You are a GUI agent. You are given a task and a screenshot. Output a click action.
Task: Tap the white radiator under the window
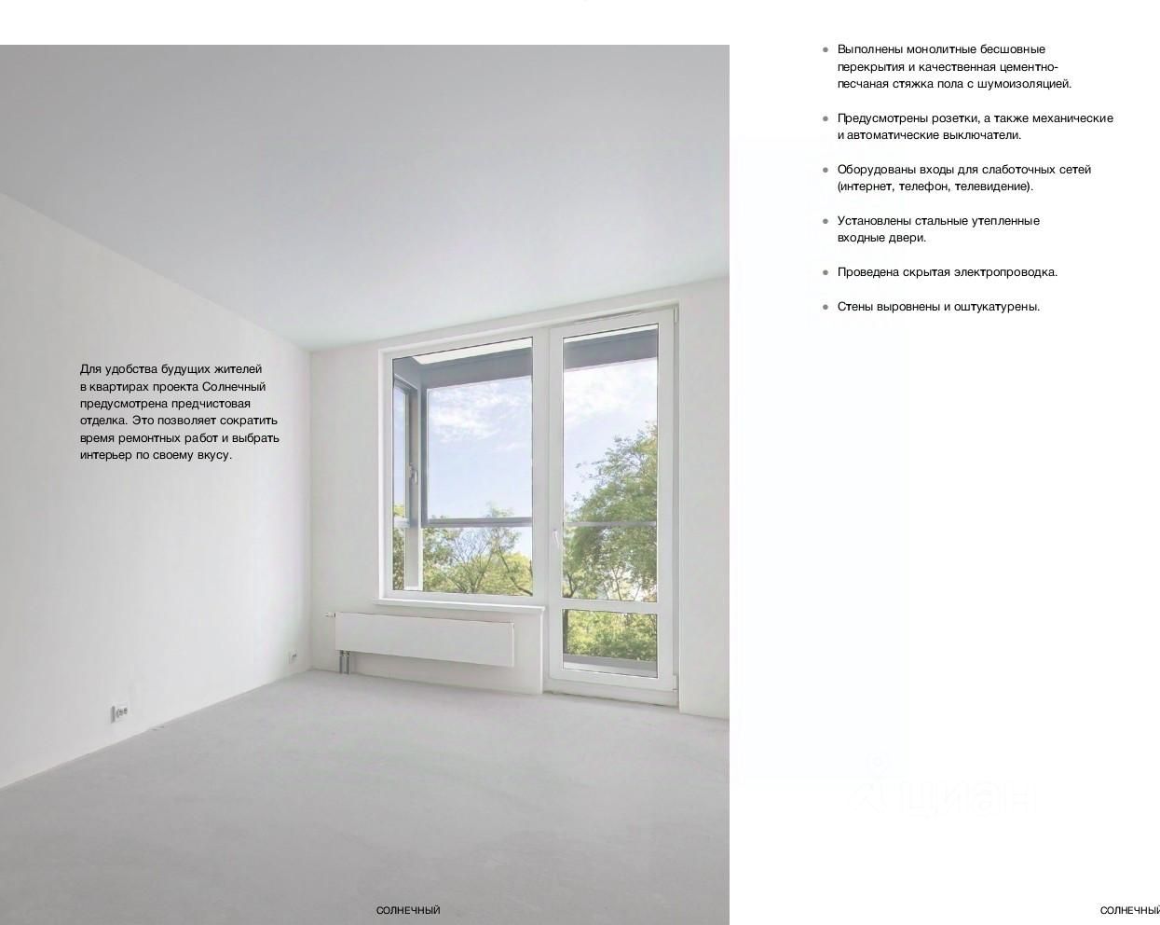pyautogui.click(x=425, y=638)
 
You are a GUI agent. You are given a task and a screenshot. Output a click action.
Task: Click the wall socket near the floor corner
pyautogui.click(x=119, y=713)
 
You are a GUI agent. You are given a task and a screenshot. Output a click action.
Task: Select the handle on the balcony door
pyautogui.click(x=555, y=539)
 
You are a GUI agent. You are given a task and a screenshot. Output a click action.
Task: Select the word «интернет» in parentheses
pyautogui.click(x=866, y=186)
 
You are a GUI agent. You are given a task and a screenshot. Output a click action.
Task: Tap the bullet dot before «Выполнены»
pyautogui.click(x=826, y=49)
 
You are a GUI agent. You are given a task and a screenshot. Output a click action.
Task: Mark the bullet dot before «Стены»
pyautogui.click(x=826, y=307)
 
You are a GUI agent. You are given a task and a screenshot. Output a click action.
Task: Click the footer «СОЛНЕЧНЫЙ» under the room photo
pyautogui.click(x=408, y=910)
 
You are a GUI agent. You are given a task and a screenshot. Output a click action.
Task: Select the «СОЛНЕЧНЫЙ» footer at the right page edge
pyautogui.click(x=1129, y=910)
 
